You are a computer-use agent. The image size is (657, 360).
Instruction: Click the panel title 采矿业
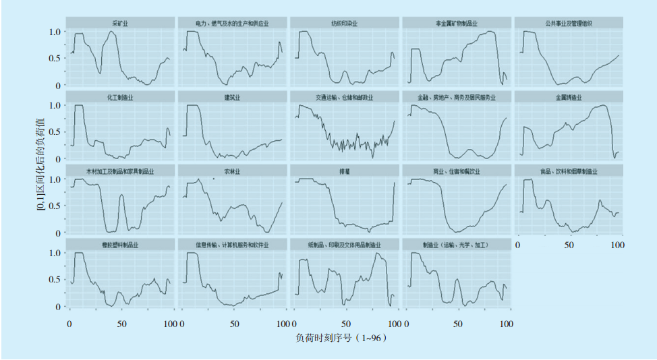120,24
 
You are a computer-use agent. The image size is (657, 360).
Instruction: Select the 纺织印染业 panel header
344,24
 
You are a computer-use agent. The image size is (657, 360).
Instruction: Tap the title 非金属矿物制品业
456,24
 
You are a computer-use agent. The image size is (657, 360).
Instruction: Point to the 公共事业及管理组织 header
568,24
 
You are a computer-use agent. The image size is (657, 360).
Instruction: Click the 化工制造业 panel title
120,97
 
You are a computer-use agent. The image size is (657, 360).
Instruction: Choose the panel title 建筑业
232,97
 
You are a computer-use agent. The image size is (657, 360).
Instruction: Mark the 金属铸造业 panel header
568,97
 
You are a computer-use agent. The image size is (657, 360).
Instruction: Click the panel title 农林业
232,171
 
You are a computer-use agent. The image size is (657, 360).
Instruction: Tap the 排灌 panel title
344,171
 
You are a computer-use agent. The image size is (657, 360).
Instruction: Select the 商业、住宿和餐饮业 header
456,171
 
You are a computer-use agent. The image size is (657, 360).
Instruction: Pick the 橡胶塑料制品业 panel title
120,244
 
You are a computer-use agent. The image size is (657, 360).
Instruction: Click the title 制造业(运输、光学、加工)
456,244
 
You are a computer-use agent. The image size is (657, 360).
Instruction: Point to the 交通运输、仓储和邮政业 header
344,97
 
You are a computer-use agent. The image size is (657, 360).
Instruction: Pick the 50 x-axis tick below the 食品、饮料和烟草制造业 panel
569,245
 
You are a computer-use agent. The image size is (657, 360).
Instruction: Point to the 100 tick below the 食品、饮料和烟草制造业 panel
617,245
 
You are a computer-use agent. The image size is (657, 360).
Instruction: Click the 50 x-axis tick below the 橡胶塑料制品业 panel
121,323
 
